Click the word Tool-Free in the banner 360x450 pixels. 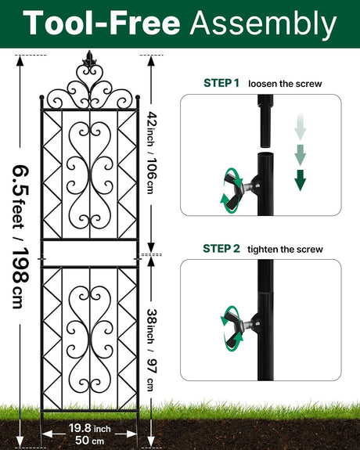[x=101, y=23]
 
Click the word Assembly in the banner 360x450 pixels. [x=263, y=24]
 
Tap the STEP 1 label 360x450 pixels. [x=221, y=83]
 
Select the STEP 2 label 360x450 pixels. [x=221, y=249]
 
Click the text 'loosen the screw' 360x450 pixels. [x=285, y=84]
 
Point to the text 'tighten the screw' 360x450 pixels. [x=285, y=249]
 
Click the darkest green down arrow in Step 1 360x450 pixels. [x=301, y=180]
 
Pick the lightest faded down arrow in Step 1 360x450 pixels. [x=301, y=127]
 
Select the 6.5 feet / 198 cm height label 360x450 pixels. [x=21, y=236]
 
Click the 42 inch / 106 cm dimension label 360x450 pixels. [x=153, y=153]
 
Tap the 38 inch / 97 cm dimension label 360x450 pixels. [x=152, y=350]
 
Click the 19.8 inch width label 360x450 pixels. [x=90, y=428]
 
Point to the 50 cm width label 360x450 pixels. [x=89, y=440]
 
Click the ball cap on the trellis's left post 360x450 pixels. [x=41, y=97]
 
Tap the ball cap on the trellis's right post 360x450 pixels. [x=138, y=97]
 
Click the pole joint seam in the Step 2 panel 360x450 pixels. [x=265, y=292]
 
